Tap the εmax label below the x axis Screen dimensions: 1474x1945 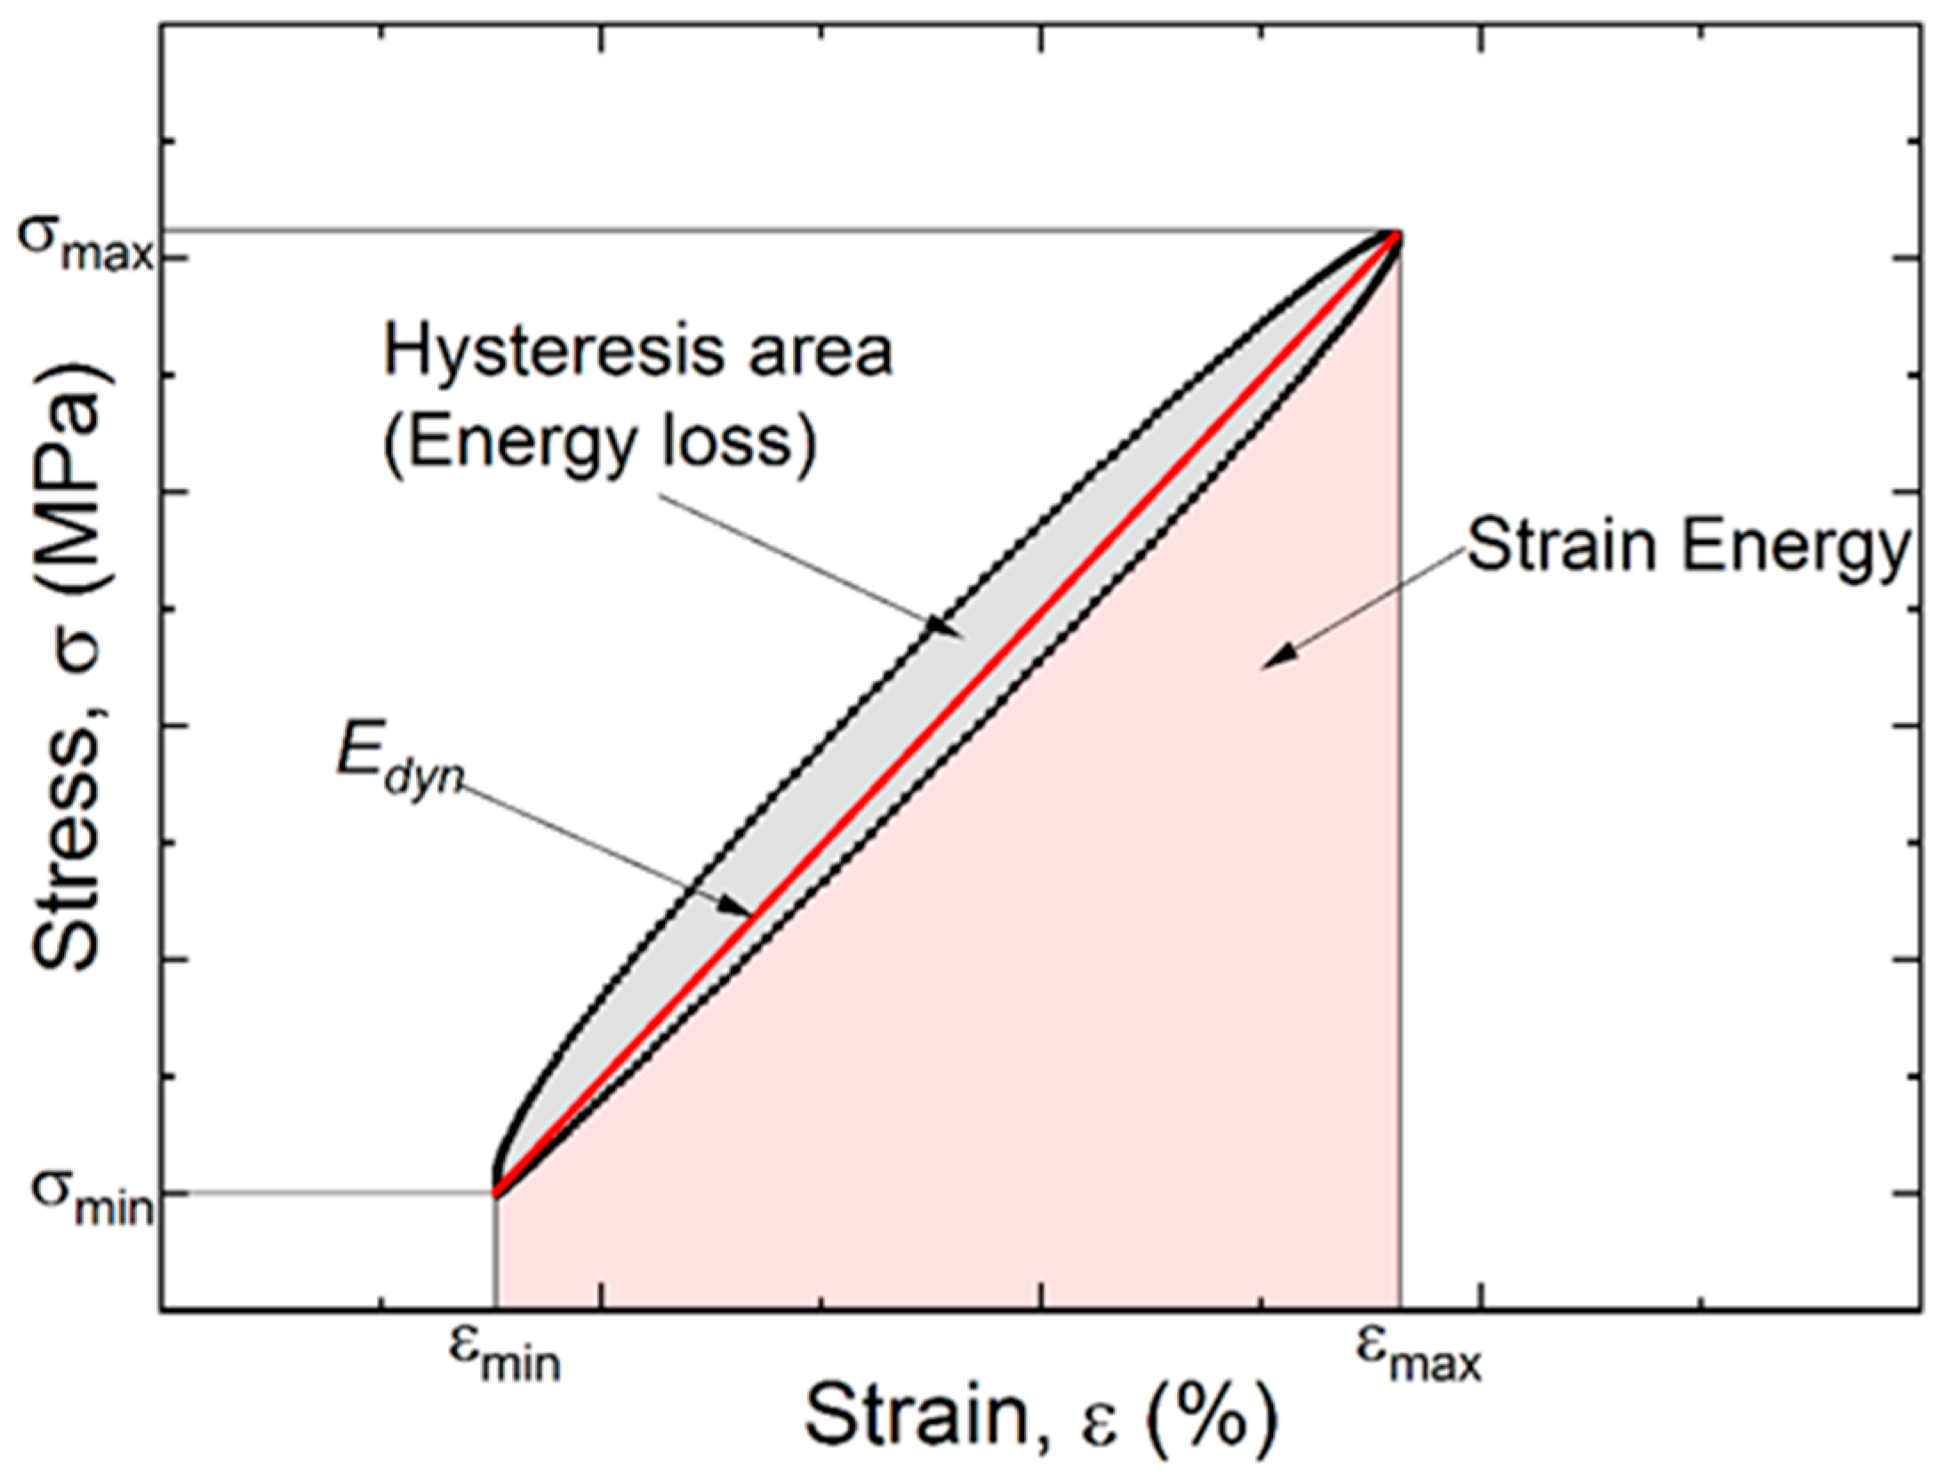pos(1419,1360)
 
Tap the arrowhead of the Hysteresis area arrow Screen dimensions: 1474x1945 pos(948,630)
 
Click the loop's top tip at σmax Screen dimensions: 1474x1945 pos(1397,235)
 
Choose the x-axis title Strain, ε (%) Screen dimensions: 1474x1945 pos(1040,1418)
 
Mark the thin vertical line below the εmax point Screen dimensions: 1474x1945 pos(1401,800)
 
